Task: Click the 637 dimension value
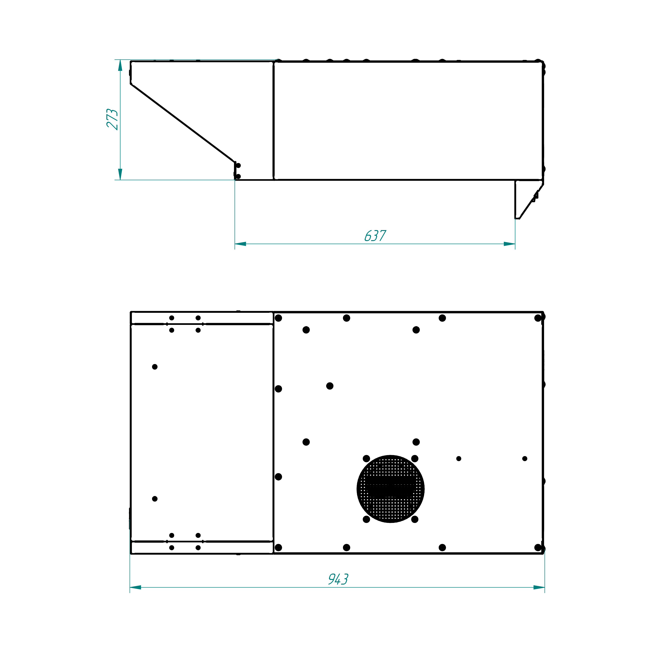(x=375, y=235)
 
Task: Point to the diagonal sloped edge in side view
(x=183, y=123)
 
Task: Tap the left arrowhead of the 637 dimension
(x=240, y=244)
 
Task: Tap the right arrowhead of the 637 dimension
(x=509, y=244)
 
